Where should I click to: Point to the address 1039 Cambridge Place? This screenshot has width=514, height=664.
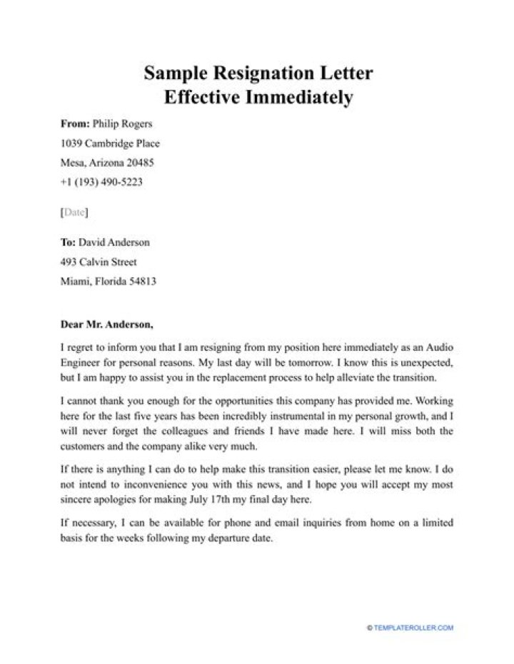pyautogui.click(x=110, y=143)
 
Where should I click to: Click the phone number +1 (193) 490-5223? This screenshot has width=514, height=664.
pyautogui.click(x=102, y=183)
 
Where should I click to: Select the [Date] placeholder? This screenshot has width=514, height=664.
pyautogui.click(x=74, y=212)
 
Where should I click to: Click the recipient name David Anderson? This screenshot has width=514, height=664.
pyautogui.click(x=114, y=242)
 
